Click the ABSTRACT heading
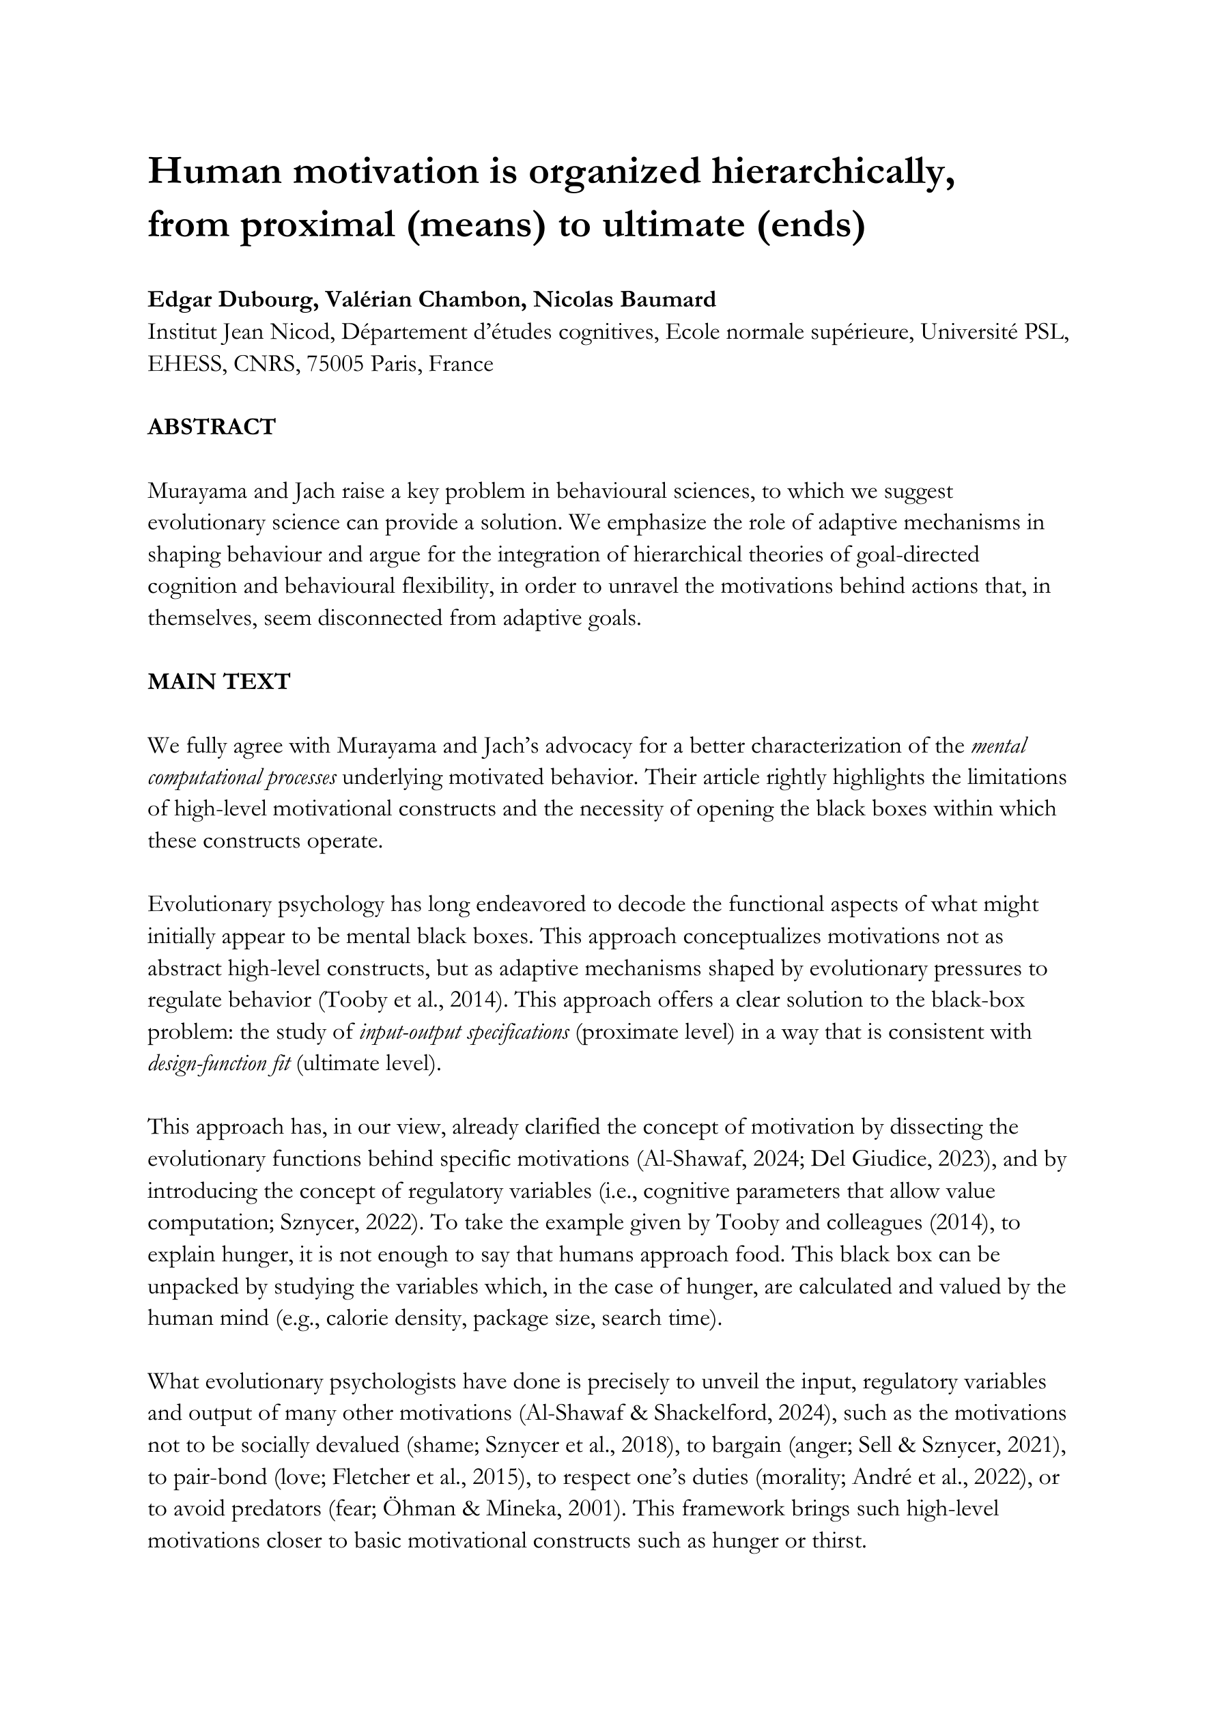tap(212, 427)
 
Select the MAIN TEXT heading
tap(218, 682)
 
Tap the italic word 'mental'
tap(999, 745)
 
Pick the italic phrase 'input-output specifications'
tap(464, 1032)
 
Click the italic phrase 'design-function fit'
tap(218, 1064)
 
